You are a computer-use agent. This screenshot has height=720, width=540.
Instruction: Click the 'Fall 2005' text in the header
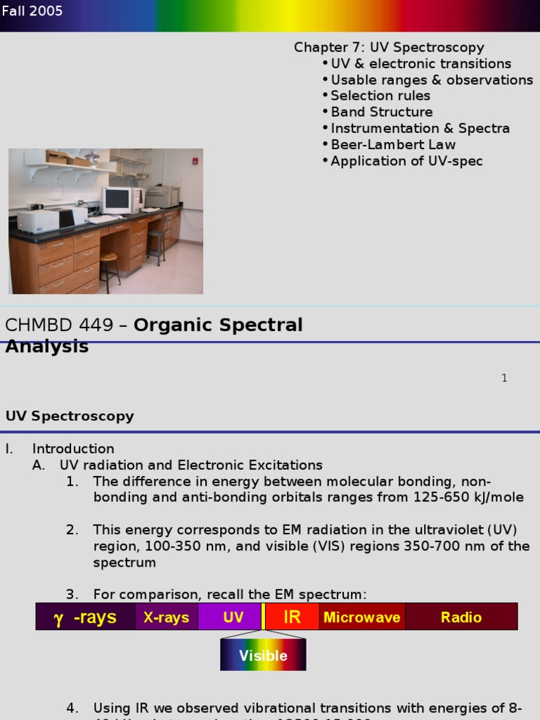click(x=32, y=11)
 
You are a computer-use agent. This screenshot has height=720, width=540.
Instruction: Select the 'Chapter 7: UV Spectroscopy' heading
click(x=389, y=48)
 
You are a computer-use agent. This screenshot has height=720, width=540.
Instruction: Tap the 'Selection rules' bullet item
click(x=380, y=96)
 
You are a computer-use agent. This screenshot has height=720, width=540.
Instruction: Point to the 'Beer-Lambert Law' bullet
click(x=393, y=145)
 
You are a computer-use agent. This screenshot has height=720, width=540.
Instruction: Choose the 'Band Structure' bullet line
click(x=382, y=112)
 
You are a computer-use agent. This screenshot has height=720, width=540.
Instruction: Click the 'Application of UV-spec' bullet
click(x=406, y=161)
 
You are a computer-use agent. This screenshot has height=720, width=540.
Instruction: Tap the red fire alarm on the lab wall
click(x=195, y=161)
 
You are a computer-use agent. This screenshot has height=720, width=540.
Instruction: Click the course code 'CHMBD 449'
click(x=58, y=326)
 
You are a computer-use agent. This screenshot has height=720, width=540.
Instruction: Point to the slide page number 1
click(x=504, y=378)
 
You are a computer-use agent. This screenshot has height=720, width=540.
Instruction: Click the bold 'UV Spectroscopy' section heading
click(x=70, y=416)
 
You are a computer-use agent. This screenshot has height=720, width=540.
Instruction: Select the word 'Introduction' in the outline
click(x=73, y=449)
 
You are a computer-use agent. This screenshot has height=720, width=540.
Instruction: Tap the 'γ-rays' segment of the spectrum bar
click(x=85, y=617)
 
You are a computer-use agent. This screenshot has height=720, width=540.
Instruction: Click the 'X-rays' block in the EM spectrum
click(x=167, y=617)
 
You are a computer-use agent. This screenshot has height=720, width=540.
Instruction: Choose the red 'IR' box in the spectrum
click(x=292, y=617)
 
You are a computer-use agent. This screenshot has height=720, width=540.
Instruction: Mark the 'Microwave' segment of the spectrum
click(x=362, y=617)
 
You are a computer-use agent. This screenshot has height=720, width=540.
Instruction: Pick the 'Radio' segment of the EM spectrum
click(x=461, y=617)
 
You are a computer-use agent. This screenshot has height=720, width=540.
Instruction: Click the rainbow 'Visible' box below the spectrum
click(x=263, y=655)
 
